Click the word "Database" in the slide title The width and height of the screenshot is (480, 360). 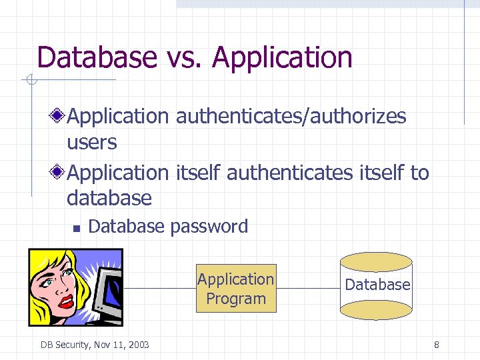(97, 57)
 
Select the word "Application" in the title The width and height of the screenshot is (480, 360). (282, 59)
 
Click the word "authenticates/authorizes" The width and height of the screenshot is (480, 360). (291, 116)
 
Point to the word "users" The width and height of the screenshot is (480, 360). (92, 142)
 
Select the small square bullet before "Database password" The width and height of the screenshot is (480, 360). (76, 228)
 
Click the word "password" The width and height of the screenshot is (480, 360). (209, 227)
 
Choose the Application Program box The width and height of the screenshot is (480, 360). (235, 289)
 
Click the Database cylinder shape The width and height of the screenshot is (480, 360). (377, 285)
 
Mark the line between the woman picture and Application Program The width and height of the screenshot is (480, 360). (160, 289)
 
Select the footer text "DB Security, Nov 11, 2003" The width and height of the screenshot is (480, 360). (95, 345)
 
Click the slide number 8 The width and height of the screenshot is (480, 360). (436, 345)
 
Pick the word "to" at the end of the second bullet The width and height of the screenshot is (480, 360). (419, 173)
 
